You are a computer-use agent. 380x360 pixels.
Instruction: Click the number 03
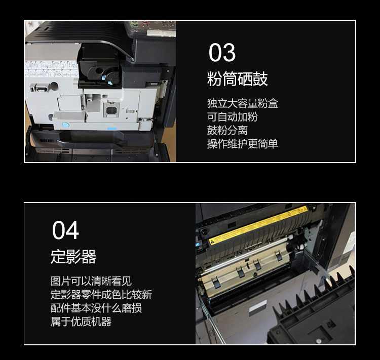click(x=222, y=52)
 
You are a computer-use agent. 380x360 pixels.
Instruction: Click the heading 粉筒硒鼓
click(x=237, y=79)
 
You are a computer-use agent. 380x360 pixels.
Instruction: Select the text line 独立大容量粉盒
click(x=242, y=103)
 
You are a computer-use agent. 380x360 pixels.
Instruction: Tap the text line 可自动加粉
click(x=232, y=117)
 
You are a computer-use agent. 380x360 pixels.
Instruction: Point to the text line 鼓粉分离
click(x=227, y=130)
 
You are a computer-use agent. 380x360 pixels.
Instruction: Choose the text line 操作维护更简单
click(x=242, y=144)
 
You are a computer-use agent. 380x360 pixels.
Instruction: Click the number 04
click(x=65, y=230)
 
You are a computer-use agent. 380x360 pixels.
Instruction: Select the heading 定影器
click(x=73, y=257)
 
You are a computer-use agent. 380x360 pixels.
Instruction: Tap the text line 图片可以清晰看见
click(x=91, y=281)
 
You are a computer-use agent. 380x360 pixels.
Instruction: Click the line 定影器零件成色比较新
click(x=101, y=295)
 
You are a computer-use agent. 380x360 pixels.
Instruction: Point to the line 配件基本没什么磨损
click(x=96, y=308)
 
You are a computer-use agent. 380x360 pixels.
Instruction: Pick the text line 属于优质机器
click(x=81, y=322)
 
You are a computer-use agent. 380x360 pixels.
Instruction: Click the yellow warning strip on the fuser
click(x=258, y=225)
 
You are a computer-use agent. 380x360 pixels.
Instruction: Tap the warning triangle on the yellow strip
click(x=212, y=241)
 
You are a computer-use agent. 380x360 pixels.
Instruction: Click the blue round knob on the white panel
click(x=65, y=125)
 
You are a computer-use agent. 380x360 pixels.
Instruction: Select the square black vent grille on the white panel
click(x=111, y=110)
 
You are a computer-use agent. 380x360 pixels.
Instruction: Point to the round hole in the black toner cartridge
click(x=99, y=71)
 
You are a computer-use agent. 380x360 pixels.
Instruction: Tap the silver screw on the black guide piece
click(x=319, y=341)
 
